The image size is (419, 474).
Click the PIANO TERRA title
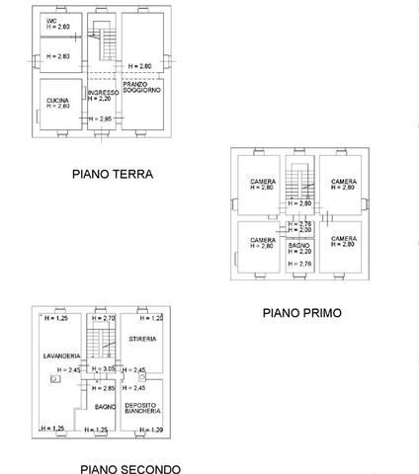[112, 175]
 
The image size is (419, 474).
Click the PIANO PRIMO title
[301, 313]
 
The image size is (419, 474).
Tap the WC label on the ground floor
[51, 21]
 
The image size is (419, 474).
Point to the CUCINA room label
[56, 100]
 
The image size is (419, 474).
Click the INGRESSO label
[102, 93]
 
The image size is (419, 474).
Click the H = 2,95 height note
[102, 119]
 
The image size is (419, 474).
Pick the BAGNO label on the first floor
[298, 243]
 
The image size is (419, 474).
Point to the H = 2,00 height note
[298, 230]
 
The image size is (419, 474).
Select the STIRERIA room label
[142, 339]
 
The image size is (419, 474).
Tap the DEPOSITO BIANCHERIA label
[142, 408]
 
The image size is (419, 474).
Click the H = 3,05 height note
[103, 368]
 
